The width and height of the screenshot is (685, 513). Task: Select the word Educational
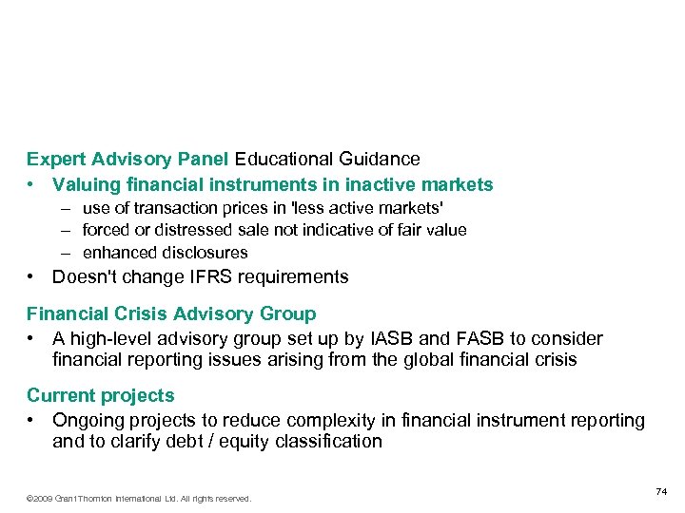(281, 159)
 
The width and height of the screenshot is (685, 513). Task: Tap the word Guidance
(376, 159)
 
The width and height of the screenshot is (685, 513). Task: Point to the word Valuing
(84, 184)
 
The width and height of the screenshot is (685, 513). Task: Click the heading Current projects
(101, 395)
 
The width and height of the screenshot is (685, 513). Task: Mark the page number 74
(661, 491)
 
